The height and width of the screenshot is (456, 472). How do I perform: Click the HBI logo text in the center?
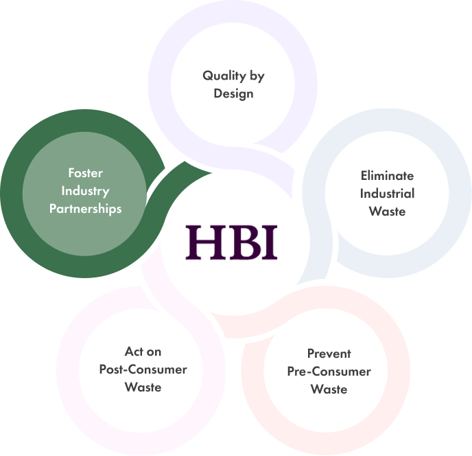tap(233, 242)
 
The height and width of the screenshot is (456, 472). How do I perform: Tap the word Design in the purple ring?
tap(233, 93)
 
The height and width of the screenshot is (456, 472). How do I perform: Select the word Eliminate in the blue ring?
tap(388, 176)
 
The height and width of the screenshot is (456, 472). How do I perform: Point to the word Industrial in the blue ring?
tap(388, 193)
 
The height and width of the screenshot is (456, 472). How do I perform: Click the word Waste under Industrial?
tap(388, 211)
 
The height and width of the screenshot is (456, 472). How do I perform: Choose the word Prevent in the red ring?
tap(329, 354)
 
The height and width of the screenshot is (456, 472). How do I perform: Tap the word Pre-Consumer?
tap(329, 372)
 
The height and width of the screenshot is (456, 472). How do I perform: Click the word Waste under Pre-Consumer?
tap(329, 389)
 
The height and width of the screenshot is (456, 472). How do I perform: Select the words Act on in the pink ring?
tap(143, 352)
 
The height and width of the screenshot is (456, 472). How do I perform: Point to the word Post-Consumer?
tap(143, 369)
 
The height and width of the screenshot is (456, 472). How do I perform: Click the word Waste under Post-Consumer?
tap(143, 387)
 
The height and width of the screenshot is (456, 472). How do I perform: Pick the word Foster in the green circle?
tap(85, 172)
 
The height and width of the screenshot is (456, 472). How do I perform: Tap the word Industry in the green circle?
tap(85, 190)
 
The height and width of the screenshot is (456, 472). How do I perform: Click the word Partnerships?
tap(85, 208)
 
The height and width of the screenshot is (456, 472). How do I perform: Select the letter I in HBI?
tap(270, 242)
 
